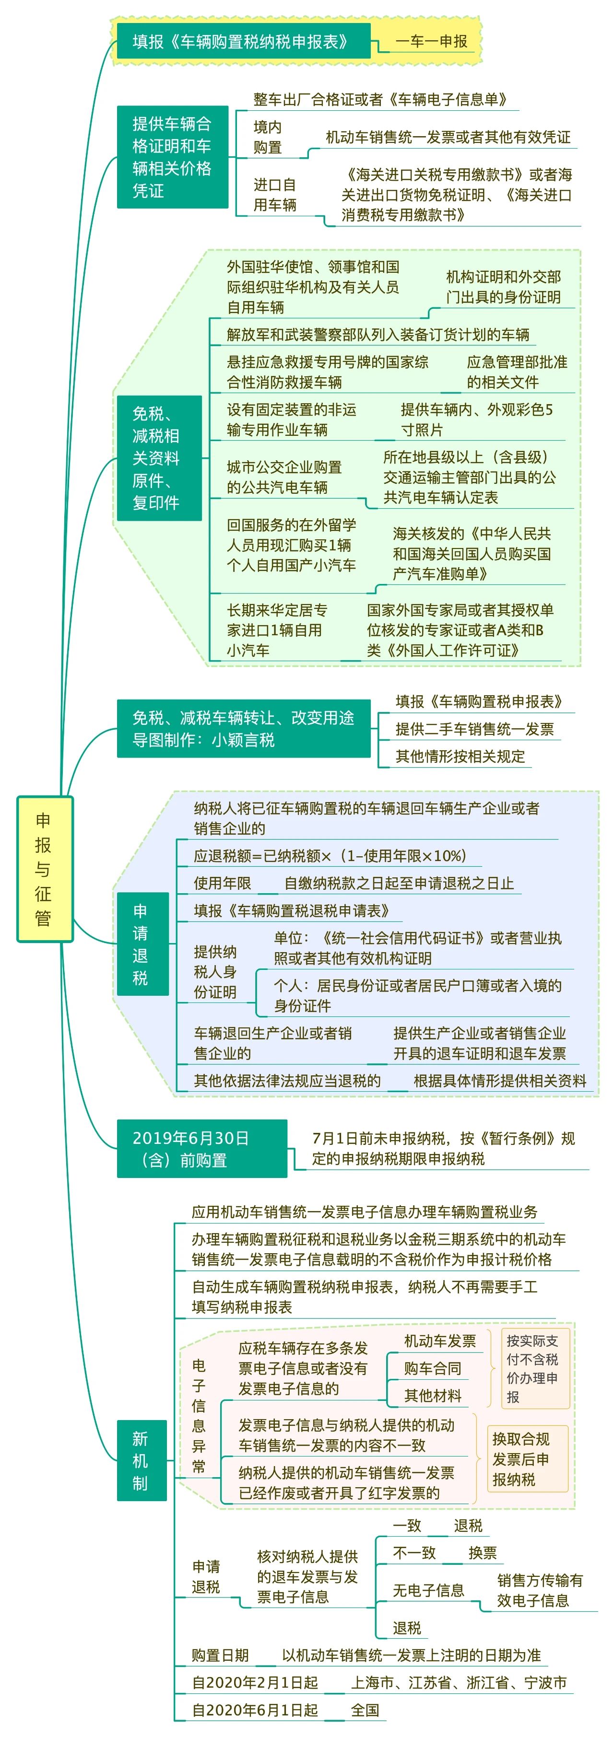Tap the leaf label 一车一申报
click(x=432, y=41)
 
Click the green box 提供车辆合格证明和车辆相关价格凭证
click(x=172, y=157)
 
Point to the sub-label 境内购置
click(x=267, y=137)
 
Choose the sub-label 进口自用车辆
click(x=274, y=195)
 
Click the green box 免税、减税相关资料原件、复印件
click(x=159, y=458)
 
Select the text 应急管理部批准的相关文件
click(x=517, y=372)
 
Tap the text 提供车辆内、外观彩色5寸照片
click(x=477, y=420)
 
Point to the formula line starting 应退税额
click(x=330, y=856)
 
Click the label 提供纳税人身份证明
click(x=215, y=972)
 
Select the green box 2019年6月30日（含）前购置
click(x=202, y=1148)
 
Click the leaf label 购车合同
click(x=433, y=1368)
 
